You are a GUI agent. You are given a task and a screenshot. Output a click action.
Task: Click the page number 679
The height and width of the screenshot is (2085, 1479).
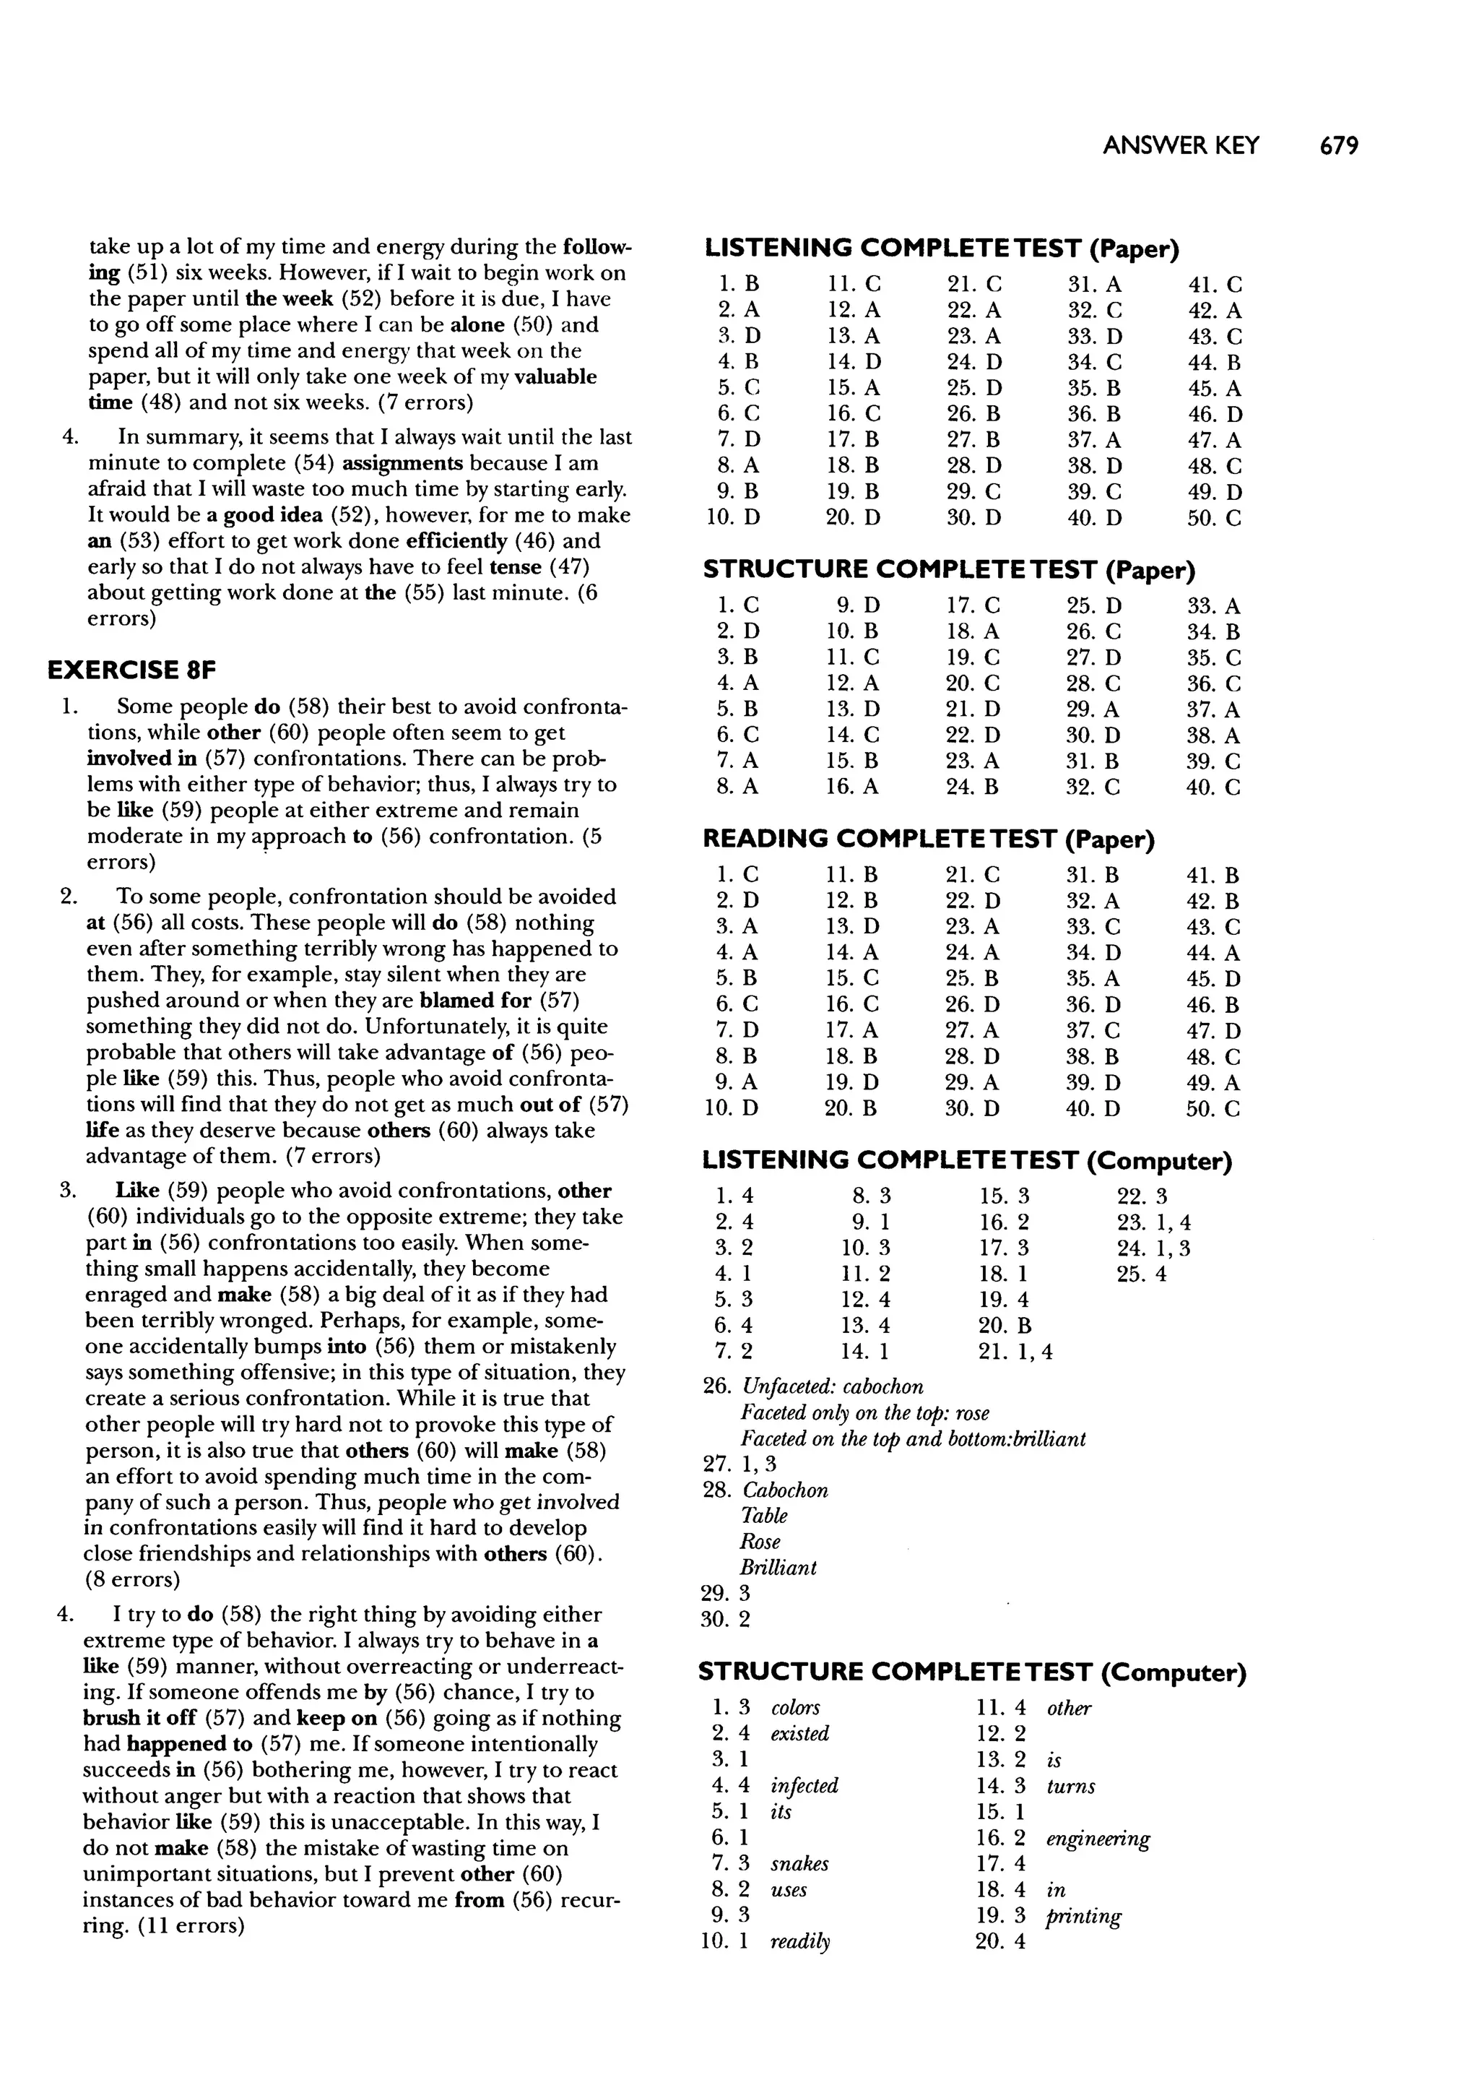(x=1338, y=146)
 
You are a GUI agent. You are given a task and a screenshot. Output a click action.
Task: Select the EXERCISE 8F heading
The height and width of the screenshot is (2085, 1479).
(x=132, y=670)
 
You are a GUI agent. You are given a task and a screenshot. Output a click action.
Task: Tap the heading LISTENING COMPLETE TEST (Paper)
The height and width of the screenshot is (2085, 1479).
(x=942, y=248)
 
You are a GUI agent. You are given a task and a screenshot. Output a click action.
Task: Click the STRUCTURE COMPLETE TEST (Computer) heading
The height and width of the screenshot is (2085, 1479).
(x=972, y=1672)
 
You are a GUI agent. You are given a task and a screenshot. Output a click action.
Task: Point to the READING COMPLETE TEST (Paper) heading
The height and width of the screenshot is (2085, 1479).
(x=928, y=839)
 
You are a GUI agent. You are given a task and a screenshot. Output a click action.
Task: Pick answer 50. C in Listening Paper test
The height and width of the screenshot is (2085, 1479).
(x=1214, y=518)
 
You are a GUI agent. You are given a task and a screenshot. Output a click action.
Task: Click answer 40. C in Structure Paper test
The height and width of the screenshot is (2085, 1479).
(x=1214, y=787)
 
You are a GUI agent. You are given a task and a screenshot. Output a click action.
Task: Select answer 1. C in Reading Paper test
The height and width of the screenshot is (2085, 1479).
(x=737, y=876)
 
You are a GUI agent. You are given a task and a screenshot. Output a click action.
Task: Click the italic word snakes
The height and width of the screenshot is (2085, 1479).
(x=799, y=1864)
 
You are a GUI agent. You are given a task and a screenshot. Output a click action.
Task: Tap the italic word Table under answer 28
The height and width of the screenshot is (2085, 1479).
(x=763, y=1516)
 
